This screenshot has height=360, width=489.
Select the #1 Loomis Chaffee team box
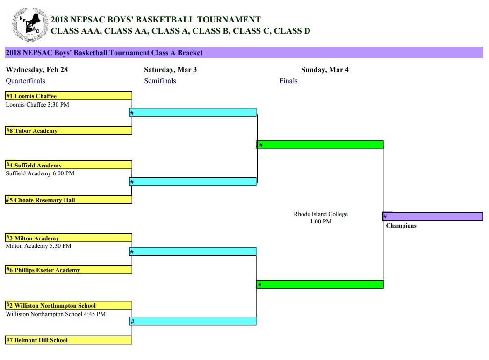point(69,96)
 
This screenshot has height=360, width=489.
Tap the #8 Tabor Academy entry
point(69,130)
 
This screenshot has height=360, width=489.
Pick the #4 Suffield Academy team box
point(69,165)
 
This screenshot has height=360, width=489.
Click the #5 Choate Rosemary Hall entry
point(69,200)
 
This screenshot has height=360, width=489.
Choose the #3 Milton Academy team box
point(69,238)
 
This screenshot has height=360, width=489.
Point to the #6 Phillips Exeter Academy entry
point(69,270)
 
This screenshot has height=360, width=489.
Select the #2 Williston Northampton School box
point(69,305)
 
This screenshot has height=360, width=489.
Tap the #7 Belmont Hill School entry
point(69,340)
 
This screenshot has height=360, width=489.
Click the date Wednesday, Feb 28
point(37,70)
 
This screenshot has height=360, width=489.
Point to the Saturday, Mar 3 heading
point(170,70)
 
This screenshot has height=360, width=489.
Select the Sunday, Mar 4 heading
point(325,70)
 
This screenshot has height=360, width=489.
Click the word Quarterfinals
point(26,81)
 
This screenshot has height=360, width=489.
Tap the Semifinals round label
point(160,81)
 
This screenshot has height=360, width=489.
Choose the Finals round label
point(288,81)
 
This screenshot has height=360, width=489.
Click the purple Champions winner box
point(433,216)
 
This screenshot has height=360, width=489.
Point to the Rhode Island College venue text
point(321,214)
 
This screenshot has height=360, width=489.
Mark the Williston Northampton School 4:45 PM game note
point(56,314)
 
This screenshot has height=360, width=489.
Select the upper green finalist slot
point(320,145)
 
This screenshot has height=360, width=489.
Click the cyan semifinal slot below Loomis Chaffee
point(193,113)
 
